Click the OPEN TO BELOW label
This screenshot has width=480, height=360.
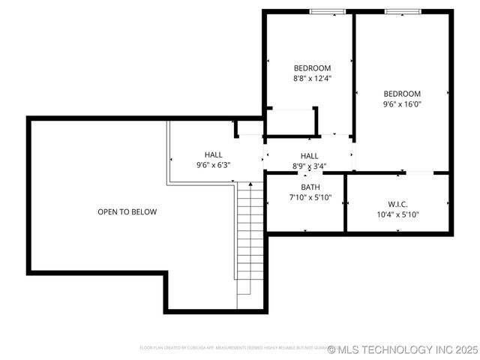pyautogui.click(x=127, y=212)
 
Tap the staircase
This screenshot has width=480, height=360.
pyautogui.click(x=250, y=240)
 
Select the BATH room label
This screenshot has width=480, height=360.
pyautogui.click(x=310, y=187)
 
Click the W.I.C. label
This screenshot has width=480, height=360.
pyautogui.click(x=397, y=204)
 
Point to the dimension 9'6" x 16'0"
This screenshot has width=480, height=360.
pyautogui.click(x=402, y=104)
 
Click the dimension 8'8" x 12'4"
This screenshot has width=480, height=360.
pyautogui.click(x=311, y=78)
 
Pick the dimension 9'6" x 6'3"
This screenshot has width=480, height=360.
pyautogui.click(x=213, y=165)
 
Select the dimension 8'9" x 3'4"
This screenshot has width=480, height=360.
pyautogui.click(x=309, y=166)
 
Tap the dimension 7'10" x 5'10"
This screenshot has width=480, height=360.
pyautogui.click(x=310, y=198)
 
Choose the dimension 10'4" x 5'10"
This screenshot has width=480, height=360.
pyautogui.click(x=397, y=214)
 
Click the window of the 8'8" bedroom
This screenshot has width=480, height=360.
pyautogui.click(x=328, y=11)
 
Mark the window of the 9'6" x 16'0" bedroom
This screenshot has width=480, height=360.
pyautogui.click(x=403, y=11)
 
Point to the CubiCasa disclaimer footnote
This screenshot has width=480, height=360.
pyautogui.click(x=232, y=348)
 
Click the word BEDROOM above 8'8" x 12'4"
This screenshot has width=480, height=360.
pyautogui.click(x=311, y=68)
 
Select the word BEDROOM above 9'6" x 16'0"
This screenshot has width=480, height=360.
pyautogui.click(x=402, y=94)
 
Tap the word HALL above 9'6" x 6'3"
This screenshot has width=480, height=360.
pyautogui.click(x=213, y=155)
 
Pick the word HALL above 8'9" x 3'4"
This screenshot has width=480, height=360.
pyautogui.click(x=309, y=156)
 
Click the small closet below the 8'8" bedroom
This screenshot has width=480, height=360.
pyautogui.click(x=291, y=121)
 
